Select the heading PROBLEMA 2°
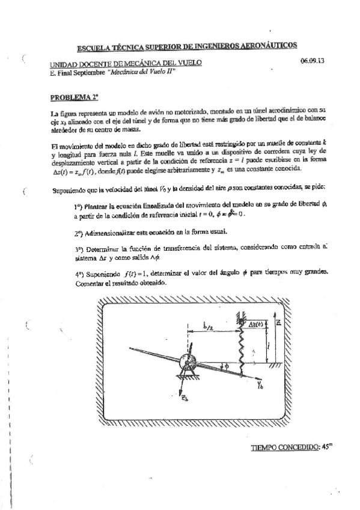click(69, 96)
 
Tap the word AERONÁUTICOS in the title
click(267, 46)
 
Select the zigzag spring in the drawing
click(240, 348)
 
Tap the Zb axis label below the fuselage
click(185, 403)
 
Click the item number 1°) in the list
click(78, 206)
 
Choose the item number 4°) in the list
click(79, 272)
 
